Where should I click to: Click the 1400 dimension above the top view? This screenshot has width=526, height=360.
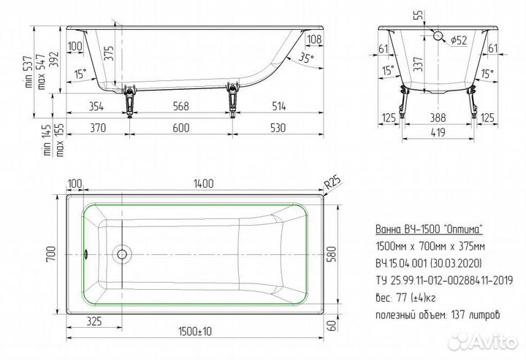point(204,184)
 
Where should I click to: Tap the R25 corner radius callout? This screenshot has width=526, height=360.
point(332,183)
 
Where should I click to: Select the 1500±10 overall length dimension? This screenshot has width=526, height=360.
point(195,332)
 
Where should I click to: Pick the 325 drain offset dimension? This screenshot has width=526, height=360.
point(94,321)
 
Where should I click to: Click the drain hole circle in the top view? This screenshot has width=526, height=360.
point(122,254)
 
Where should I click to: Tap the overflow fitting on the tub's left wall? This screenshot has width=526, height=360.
point(86,254)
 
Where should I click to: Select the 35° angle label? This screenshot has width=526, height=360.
point(305,58)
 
